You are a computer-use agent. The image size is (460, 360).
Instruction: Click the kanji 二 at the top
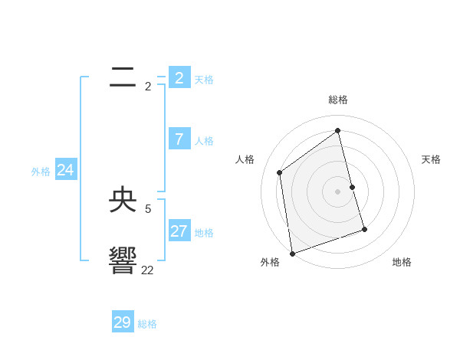[x=123, y=77]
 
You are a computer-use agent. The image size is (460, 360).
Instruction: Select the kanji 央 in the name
[x=123, y=201]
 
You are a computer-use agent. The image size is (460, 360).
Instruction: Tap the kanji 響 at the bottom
[x=123, y=260]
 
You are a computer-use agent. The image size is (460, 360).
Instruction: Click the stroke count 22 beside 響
[x=147, y=270]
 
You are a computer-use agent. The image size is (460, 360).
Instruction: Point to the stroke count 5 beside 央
[x=148, y=208]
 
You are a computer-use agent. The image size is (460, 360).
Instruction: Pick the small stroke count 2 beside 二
[x=148, y=87]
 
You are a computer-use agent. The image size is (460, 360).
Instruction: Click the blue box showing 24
[x=66, y=171]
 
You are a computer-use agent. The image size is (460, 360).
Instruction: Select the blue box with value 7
[x=179, y=139]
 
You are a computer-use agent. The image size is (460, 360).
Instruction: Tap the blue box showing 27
[x=179, y=231]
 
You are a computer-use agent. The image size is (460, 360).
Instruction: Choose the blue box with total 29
[x=123, y=322]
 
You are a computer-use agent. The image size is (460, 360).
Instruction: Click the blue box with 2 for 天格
[x=179, y=78]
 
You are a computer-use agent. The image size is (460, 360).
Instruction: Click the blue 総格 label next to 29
[x=147, y=324]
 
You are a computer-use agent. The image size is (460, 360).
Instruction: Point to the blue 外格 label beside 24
[x=41, y=172]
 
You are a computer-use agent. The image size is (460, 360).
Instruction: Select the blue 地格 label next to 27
[x=204, y=233]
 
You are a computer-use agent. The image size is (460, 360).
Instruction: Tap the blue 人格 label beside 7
[x=204, y=141]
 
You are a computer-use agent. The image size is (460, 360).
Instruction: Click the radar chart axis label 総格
[x=338, y=100]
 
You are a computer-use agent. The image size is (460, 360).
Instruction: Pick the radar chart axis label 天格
[x=431, y=159]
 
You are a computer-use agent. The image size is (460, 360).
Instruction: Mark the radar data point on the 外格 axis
[x=292, y=253]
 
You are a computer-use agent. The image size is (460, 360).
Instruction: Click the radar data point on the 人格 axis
[x=280, y=172]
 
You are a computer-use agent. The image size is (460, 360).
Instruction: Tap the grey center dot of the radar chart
[x=338, y=191]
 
